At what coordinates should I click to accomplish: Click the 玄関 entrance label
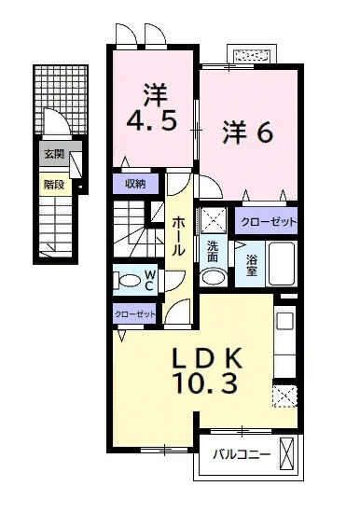click(54, 153)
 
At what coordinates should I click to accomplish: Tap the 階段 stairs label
click(54, 185)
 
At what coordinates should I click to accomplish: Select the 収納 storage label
click(135, 184)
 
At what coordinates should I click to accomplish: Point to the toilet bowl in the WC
click(132, 281)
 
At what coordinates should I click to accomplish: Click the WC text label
click(149, 280)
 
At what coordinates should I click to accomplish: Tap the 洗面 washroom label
click(213, 252)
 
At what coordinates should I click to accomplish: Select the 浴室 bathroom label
click(252, 265)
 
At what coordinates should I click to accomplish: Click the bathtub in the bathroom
click(282, 264)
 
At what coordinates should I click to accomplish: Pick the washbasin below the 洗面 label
click(214, 277)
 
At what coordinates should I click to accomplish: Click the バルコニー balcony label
click(242, 454)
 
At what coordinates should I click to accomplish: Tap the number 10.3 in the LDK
click(206, 383)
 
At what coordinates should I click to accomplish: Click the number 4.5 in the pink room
click(152, 119)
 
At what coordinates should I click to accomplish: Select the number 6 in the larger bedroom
click(264, 132)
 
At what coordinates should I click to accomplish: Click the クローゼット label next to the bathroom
click(269, 222)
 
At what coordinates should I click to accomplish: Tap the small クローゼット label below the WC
click(134, 314)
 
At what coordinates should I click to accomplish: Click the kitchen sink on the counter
click(284, 321)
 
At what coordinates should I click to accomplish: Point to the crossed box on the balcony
click(287, 454)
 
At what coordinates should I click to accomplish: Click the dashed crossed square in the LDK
click(284, 396)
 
